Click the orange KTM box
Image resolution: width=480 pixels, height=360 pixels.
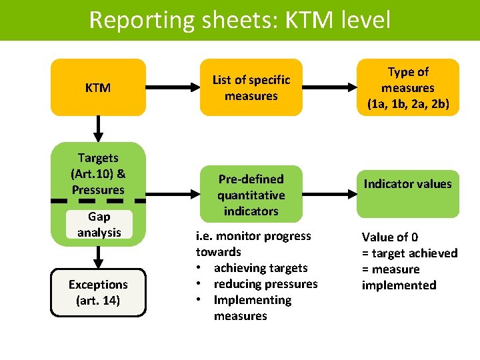(98, 87)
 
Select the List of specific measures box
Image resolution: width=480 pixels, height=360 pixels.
(251, 87)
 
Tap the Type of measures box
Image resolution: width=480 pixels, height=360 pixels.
(408, 87)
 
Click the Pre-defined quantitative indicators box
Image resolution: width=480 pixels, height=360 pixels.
(251, 195)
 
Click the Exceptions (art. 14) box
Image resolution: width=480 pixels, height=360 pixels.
(98, 292)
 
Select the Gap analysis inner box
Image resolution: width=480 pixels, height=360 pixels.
(98, 225)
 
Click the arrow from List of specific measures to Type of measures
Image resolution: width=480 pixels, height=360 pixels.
(327, 87)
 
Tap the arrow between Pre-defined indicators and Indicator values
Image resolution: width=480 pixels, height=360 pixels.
(327, 194)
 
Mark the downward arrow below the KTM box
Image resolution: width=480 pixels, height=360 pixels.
(98, 128)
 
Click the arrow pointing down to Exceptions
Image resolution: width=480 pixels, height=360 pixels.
(98, 257)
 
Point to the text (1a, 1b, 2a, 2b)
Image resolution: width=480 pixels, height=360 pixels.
(408, 104)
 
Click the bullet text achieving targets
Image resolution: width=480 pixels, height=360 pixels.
(261, 268)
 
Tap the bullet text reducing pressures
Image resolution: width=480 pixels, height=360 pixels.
(265, 284)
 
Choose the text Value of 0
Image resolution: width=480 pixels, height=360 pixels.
(390, 237)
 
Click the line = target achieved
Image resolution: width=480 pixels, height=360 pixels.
(409, 253)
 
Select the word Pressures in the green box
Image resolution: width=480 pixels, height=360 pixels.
(98, 190)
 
